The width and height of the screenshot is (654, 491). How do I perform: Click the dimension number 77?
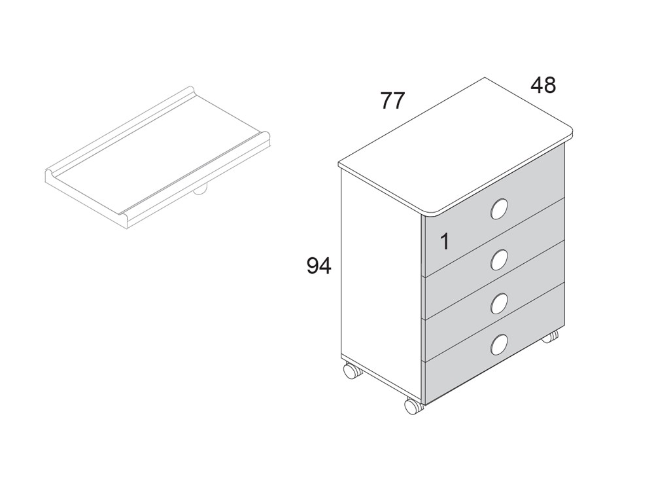pyautogui.click(x=392, y=101)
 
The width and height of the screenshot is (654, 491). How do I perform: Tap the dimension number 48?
pyautogui.click(x=543, y=85)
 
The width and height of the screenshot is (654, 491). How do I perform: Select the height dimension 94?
pyautogui.click(x=319, y=266)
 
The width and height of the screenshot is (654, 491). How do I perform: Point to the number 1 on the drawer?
pyautogui.click(x=445, y=242)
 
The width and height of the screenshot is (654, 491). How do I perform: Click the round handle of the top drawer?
pyautogui.click(x=499, y=209)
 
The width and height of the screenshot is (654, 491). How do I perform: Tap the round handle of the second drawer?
pyautogui.click(x=499, y=260)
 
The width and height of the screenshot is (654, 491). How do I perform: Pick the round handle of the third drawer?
pyautogui.click(x=499, y=303)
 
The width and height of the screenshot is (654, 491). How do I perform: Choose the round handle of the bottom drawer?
pyautogui.click(x=499, y=345)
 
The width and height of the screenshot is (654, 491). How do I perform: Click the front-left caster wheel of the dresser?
pyautogui.click(x=352, y=371)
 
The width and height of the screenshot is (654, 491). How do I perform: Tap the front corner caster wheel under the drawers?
pyautogui.click(x=413, y=406)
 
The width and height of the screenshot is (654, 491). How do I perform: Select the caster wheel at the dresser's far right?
pyautogui.click(x=550, y=336)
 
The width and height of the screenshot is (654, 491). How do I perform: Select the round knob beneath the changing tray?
pyautogui.click(x=199, y=191)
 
